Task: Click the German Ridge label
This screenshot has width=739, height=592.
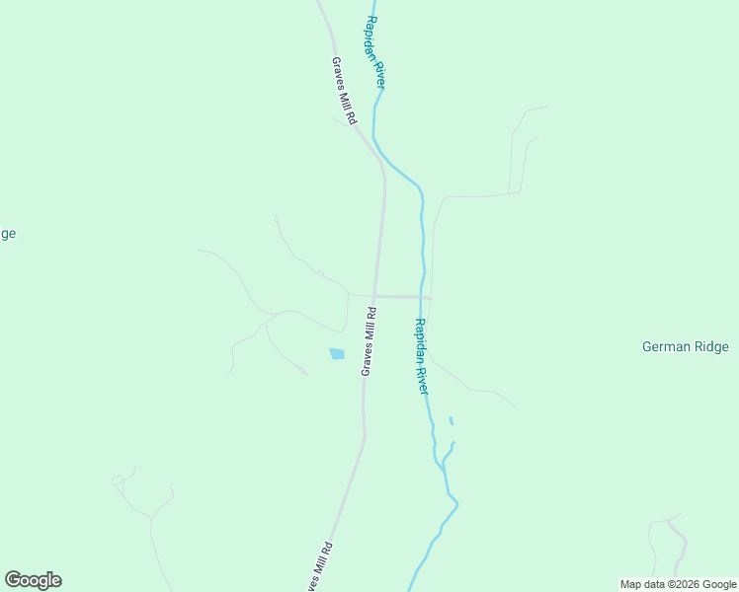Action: tap(685, 346)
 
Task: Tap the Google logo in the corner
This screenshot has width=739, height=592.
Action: tap(33, 580)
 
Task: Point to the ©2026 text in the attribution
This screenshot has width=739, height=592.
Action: tap(681, 584)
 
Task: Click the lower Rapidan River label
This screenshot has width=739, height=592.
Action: tap(422, 356)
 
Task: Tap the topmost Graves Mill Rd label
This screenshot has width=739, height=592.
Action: tap(343, 91)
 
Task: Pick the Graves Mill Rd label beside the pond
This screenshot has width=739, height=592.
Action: tap(369, 341)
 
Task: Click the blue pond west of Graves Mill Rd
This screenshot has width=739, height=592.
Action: tap(337, 353)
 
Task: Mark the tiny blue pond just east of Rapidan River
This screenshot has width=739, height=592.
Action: tap(451, 421)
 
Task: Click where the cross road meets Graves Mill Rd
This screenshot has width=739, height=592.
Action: tap(375, 296)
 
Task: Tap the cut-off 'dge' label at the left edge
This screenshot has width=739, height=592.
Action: tap(7, 234)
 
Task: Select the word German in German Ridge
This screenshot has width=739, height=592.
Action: tap(664, 346)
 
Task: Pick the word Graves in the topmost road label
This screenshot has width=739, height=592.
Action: tap(338, 73)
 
